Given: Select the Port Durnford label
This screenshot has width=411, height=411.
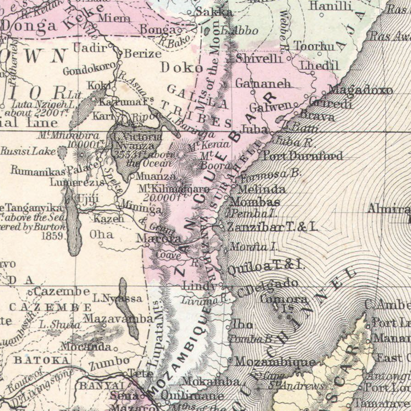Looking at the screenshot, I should tap(302, 156).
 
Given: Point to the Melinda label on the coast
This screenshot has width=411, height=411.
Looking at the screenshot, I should tap(262, 190).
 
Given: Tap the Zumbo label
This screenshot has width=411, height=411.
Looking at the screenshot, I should tap(111, 361).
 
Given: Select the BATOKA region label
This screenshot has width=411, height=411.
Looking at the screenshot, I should tap(42, 360).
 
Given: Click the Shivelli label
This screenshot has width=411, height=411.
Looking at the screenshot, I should tap(259, 58).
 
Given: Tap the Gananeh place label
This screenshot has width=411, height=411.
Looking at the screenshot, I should tap(263, 83).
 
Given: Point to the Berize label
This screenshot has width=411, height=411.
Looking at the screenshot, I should tap(143, 53).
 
